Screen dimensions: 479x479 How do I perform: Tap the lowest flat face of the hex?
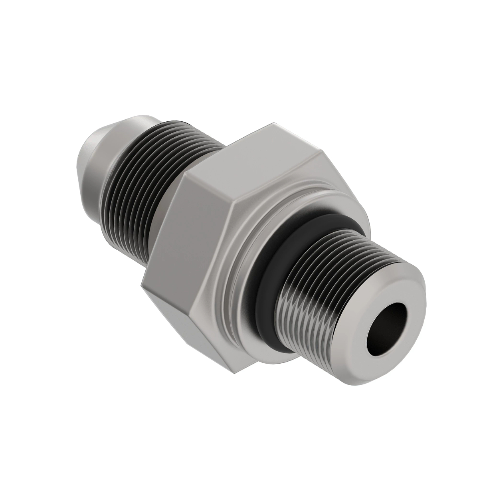[168, 315]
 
